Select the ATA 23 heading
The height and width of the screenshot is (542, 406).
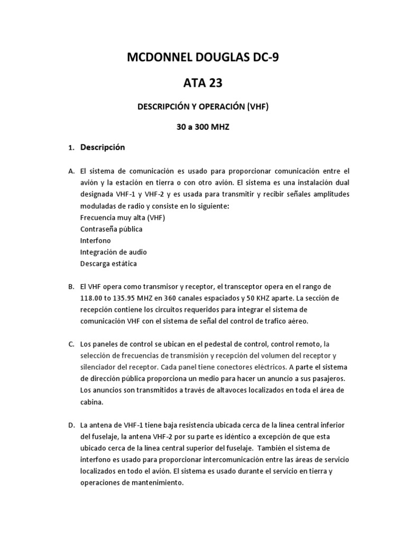click(x=203, y=83)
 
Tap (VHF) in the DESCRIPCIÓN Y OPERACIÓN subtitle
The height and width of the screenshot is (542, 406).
click(x=257, y=106)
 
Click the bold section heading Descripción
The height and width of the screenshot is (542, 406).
click(x=103, y=148)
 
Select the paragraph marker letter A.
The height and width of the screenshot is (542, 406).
click(x=71, y=171)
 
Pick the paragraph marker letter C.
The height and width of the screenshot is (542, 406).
click(x=71, y=344)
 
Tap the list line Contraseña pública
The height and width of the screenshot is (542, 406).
click(x=111, y=229)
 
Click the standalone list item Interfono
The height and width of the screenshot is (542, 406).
click(x=96, y=241)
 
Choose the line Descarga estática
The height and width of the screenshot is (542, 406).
click(x=108, y=264)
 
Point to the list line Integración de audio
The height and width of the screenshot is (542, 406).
click(x=114, y=252)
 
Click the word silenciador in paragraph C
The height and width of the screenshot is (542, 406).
click(x=100, y=367)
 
